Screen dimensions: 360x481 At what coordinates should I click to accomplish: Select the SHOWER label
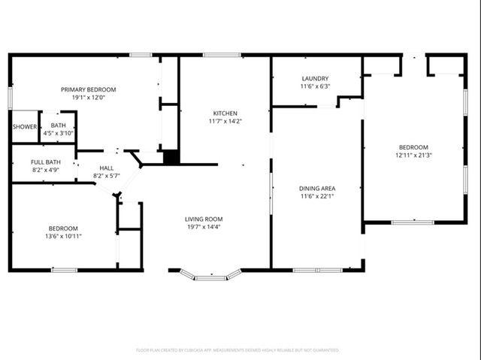pyautogui.click(x=25, y=126)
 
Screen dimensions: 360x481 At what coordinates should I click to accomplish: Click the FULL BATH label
pyautogui.click(x=45, y=162)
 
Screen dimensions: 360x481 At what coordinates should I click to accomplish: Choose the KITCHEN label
pyautogui.click(x=225, y=113)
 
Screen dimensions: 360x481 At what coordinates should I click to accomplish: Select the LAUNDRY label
pyautogui.click(x=314, y=79)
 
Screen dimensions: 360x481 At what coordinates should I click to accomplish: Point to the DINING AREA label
pyautogui.click(x=317, y=188)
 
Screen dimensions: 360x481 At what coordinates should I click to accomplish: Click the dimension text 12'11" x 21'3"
pyautogui.click(x=413, y=155)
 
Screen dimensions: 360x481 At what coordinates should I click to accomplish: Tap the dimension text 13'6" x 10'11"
pyautogui.click(x=63, y=236)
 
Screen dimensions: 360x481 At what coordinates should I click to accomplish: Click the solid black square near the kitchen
pyautogui.click(x=171, y=157)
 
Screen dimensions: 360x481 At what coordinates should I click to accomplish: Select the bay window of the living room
pyautogui.click(x=214, y=277)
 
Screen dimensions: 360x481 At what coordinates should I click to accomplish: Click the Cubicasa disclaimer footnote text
pyautogui.click(x=237, y=350)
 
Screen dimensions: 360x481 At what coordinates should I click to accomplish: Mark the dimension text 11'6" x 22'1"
pyautogui.click(x=317, y=196)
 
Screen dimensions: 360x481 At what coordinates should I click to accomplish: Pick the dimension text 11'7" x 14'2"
pyautogui.click(x=225, y=121)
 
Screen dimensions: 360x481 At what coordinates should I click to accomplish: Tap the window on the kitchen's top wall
pyautogui.click(x=222, y=55)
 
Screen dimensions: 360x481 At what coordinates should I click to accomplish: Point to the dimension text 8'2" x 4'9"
pyautogui.click(x=45, y=170)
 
